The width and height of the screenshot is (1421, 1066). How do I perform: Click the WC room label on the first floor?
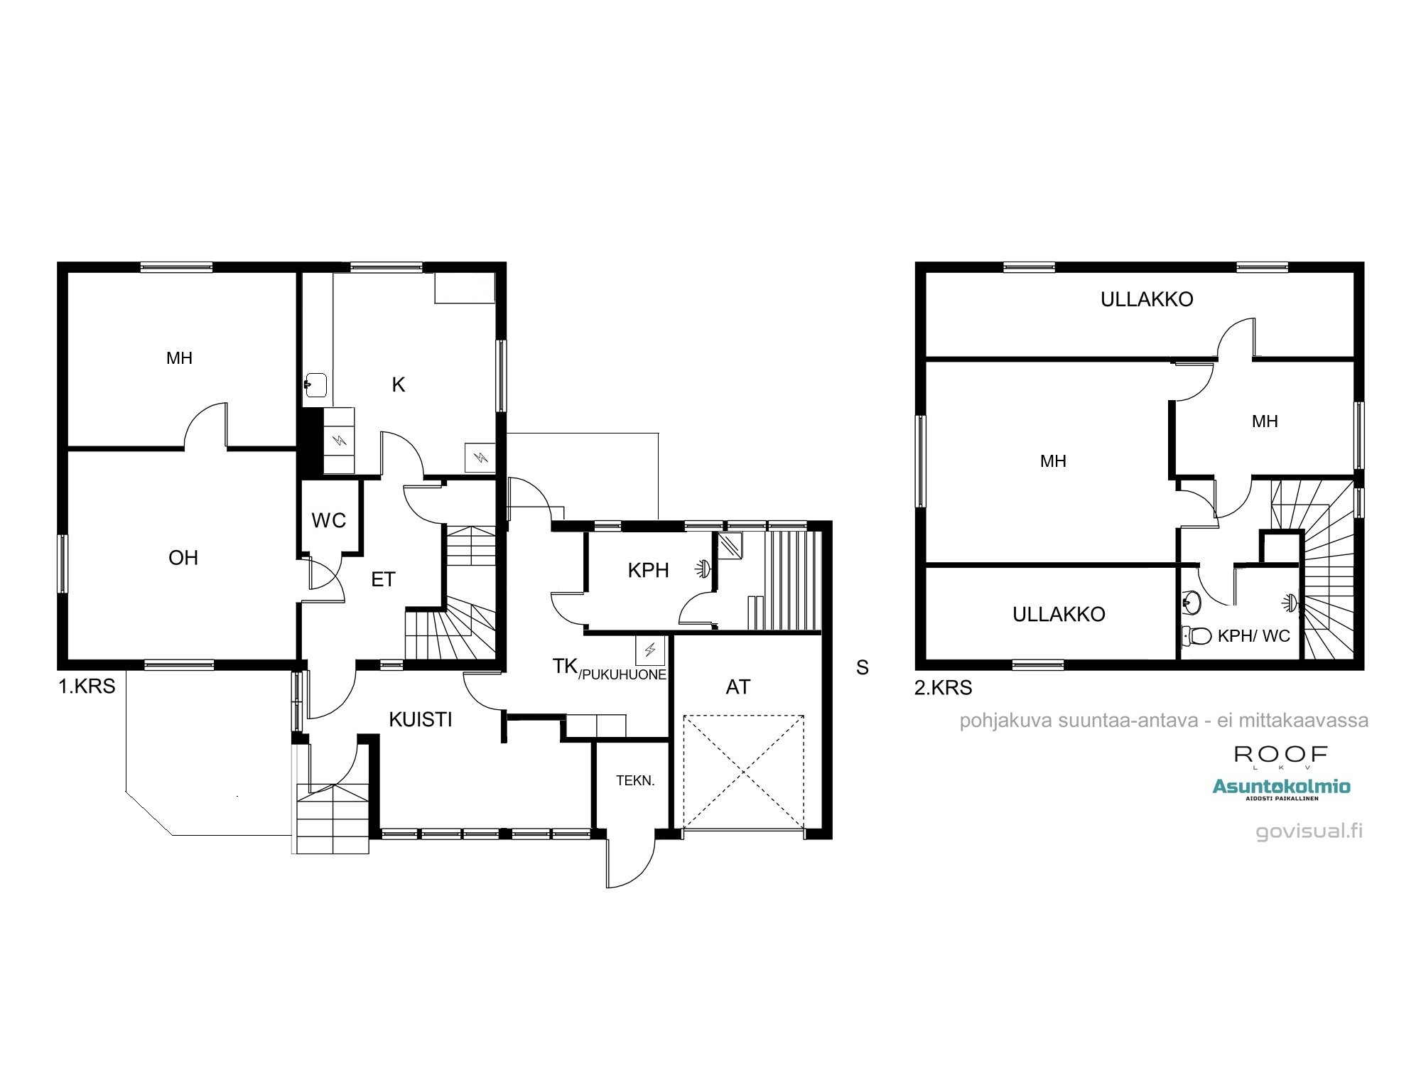point(328,521)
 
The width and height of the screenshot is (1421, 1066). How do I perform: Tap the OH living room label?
point(183,558)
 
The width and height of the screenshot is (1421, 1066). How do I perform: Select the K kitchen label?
point(399,385)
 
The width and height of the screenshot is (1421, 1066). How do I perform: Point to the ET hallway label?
point(383,580)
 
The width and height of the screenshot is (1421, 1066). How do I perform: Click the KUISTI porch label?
point(421,720)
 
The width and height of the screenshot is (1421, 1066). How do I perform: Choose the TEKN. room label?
point(635,781)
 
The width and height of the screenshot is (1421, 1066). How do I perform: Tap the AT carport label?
point(738,687)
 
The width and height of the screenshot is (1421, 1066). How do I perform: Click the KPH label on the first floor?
point(648,570)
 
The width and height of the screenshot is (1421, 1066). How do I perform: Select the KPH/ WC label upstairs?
point(1253,636)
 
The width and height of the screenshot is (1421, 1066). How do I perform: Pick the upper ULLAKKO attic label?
point(1147,300)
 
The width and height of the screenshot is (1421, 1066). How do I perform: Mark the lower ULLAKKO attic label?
point(1059,615)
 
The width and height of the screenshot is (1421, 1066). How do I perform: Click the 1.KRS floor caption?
point(87,687)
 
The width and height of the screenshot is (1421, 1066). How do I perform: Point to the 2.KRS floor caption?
point(943,688)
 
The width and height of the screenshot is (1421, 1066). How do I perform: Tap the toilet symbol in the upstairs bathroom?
point(1197,635)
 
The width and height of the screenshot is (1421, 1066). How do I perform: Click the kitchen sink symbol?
point(315,384)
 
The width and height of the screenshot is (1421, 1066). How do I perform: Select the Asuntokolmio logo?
point(1281,787)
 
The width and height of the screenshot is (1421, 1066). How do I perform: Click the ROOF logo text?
point(1280,755)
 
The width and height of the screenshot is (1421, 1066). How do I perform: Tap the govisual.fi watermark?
point(1309,831)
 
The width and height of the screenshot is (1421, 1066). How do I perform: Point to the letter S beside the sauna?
point(862,668)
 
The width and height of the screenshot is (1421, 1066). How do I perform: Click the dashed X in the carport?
point(743,772)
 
